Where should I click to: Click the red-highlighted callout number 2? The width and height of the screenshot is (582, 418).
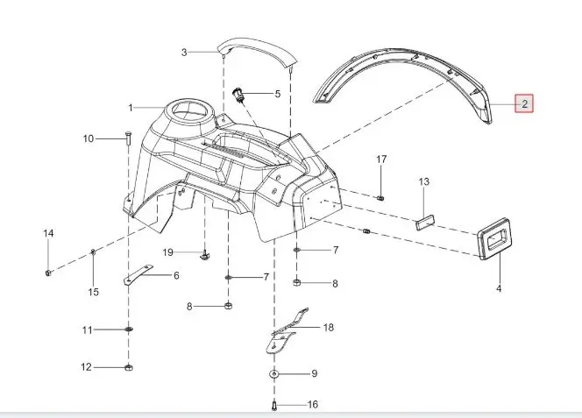click(524, 104)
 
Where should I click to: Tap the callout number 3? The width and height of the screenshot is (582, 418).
click(184, 53)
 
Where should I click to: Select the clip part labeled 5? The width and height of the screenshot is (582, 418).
click(238, 95)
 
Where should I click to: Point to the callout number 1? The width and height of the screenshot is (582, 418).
click(131, 108)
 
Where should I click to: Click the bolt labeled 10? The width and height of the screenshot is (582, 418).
click(128, 138)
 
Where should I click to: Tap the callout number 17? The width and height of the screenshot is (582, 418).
click(381, 159)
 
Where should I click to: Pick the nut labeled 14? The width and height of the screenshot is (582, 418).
click(48, 273)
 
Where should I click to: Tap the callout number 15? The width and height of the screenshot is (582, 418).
click(94, 292)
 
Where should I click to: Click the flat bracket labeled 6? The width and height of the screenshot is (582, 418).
click(138, 274)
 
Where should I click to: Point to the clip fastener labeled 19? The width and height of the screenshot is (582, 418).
click(203, 255)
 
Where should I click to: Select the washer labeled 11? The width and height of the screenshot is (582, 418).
click(129, 329)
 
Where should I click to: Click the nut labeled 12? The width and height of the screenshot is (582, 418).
click(129, 368)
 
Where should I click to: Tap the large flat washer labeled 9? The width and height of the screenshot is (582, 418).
click(274, 373)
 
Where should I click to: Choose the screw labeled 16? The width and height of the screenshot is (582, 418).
click(274, 406)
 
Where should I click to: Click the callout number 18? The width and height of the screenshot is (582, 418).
click(329, 328)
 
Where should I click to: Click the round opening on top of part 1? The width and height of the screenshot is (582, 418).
click(190, 110)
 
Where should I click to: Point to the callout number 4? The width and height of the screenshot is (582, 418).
click(499, 288)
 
